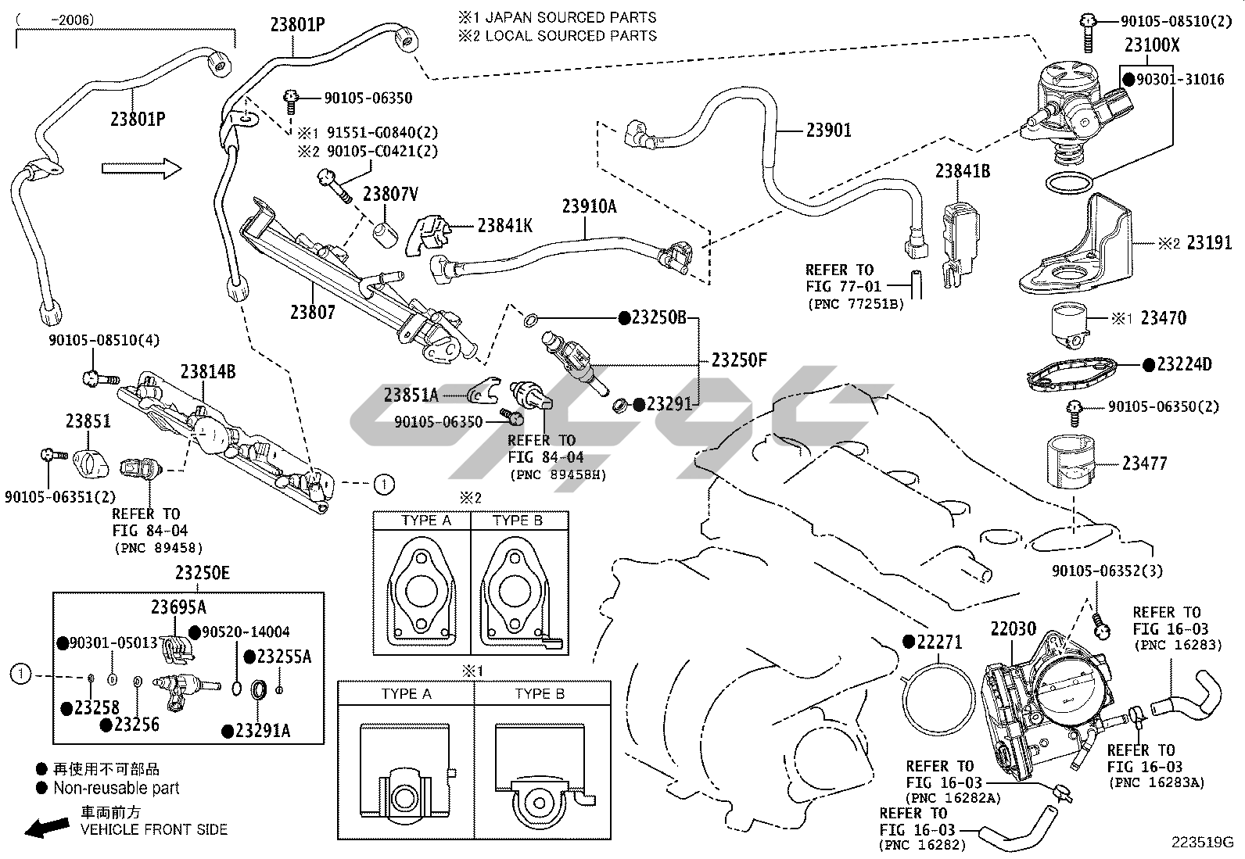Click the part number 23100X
coord(1151,45)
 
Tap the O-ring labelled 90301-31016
coord(1069,184)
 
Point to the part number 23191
coord(1209,243)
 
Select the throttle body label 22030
coord(1014,629)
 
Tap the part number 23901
coord(828,130)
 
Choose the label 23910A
coord(589,206)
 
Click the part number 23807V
coord(390,194)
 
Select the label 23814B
coord(208,372)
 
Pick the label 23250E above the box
coord(203,574)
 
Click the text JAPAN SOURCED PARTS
coord(571,17)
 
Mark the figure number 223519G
coord(1201,843)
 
